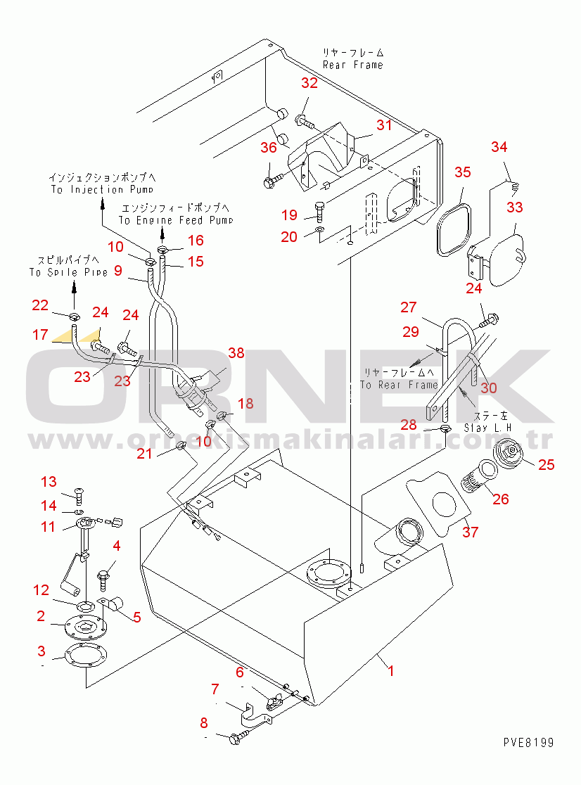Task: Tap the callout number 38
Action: pos(236,353)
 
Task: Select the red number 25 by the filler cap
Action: pos(545,464)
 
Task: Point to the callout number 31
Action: pos(383,125)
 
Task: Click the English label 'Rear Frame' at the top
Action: pos(352,65)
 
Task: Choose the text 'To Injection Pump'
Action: pos(101,190)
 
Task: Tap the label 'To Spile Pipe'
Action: pos(68,272)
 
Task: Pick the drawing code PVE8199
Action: pos(528,743)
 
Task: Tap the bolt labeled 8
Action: pos(238,736)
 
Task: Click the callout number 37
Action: pos(470,532)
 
